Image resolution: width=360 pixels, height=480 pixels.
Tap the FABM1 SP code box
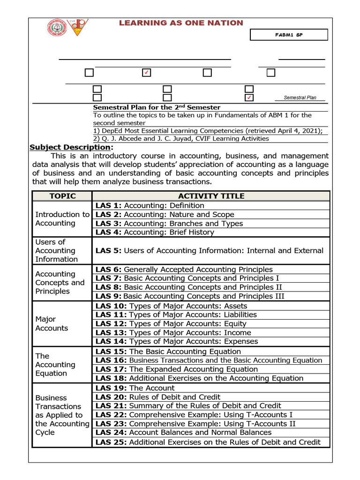pyautogui.click(x=289, y=35)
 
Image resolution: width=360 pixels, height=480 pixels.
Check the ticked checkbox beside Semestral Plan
pyautogui.click(x=249, y=97)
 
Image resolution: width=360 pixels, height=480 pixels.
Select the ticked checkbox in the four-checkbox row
pyautogui.click(x=146, y=73)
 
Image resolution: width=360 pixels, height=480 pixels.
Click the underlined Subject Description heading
pyautogui.click(x=71, y=147)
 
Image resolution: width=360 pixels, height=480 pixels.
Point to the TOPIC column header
pyautogui.click(x=62, y=196)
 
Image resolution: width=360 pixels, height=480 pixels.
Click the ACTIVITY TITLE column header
pyautogui.click(x=211, y=196)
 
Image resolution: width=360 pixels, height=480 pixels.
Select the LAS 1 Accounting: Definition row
pyautogui.click(x=150, y=205)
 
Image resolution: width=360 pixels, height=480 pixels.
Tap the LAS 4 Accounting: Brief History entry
pyautogui.click(x=155, y=232)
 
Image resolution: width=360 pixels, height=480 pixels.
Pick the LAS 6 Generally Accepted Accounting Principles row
pyautogui.click(x=184, y=270)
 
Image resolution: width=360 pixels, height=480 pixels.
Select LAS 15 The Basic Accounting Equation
pyautogui.click(x=168, y=352)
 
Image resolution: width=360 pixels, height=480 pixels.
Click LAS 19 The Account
pyautogui.click(x=135, y=388)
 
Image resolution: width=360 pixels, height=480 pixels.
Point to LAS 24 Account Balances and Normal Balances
pyautogui.click(x=183, y=432)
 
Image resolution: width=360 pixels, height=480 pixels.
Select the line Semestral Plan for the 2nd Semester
pyautogui.click(x=157, y=107)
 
